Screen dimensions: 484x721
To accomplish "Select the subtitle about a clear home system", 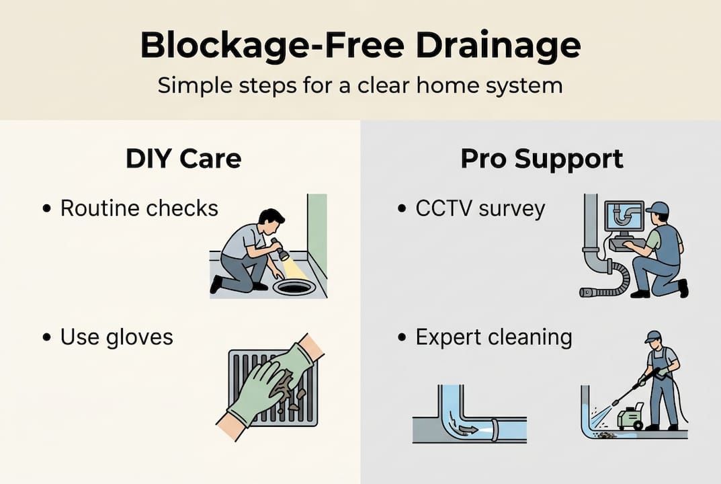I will (x=360, y=86).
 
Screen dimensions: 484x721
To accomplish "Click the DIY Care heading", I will (x=183, y=159).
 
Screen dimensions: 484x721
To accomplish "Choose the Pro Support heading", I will (x=542, y=159).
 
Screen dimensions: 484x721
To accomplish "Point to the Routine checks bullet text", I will (x=139, y=208).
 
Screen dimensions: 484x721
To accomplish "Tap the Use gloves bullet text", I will (x=116, y=337).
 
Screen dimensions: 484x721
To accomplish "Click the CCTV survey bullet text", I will (x=480, y=208).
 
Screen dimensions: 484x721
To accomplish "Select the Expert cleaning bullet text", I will (x=493, y=337).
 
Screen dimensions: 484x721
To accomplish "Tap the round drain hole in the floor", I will (x=294, y=288).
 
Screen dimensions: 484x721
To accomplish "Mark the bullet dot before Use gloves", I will (x=46, y=337).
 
